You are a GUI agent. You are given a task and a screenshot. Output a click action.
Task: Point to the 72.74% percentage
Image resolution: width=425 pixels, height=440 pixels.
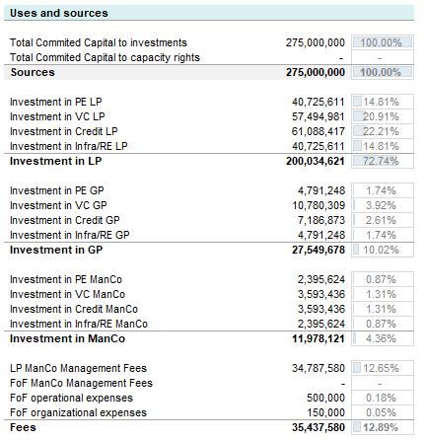pyautogui.click(x=380, y=158)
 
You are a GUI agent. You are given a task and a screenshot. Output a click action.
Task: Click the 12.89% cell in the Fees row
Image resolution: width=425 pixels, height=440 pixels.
pyautogui.click(x=380, y=429)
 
